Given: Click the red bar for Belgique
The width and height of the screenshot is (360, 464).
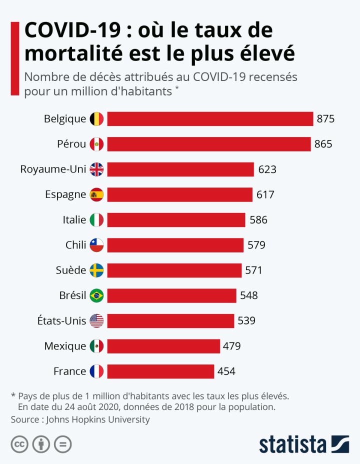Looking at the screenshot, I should click(x=210, y=119).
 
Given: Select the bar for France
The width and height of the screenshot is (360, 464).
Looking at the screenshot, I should click(x=160, y=371).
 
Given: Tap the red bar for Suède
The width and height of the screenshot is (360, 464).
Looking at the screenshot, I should click(x=174, y=270).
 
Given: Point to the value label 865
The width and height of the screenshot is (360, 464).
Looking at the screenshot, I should click(x=323, y=144).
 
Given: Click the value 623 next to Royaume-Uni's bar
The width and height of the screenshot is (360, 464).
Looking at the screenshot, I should click(x=267, y=169).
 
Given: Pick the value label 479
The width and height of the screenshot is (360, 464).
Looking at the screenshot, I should click(x=232, y=346).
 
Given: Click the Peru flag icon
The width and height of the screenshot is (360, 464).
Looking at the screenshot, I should click(x=96, y=144).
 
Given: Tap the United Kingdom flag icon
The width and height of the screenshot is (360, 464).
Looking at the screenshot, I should click(x=96, y=169).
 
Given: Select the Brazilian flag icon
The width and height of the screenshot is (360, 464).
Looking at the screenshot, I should click(x=96, y=295).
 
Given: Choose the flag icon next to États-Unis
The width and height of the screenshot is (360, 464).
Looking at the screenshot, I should click(x=96, y=321).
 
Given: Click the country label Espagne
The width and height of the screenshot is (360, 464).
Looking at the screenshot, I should click(x=65, y=194).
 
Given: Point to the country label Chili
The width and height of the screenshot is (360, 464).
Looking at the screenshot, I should click(x=75, y=245).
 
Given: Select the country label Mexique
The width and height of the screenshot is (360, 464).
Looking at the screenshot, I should click(x=65, y=346).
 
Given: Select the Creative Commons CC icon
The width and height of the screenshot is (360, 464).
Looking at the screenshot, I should click(x=19, y=443).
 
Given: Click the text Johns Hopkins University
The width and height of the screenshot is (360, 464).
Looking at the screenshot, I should click(x=97, y=419).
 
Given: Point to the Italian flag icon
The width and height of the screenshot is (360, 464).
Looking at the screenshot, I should click(x=96, y=220).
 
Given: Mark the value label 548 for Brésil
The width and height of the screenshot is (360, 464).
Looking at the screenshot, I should click(x=249, y=295).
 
